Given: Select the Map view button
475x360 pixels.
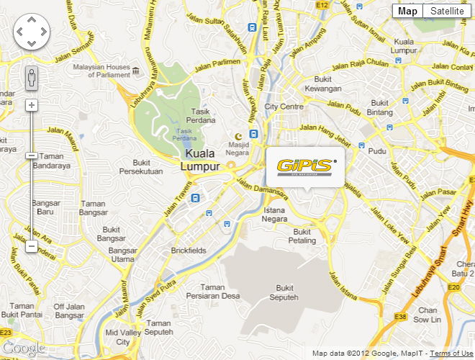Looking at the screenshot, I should [407, 11].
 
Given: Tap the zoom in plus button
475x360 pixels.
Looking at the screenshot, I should [31, 105].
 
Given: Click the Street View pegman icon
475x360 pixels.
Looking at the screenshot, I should [31, 77].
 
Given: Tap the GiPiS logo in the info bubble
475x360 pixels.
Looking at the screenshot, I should [305, 167].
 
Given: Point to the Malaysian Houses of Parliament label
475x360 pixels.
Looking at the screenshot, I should [101, 71].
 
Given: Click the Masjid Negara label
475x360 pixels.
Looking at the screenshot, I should [237, 148].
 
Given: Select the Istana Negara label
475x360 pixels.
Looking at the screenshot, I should [275, 215].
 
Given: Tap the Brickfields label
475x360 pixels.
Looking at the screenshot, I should [189, 251].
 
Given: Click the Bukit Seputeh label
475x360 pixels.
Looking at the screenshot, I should [282, 292].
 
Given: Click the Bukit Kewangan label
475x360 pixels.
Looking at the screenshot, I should [322, 84].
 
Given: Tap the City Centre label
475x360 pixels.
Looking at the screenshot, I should [284, 106].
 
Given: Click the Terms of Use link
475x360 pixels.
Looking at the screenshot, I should [451, 354].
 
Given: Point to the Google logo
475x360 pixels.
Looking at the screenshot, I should [23, 349].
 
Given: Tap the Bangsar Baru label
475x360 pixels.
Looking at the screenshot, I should [45, 207].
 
